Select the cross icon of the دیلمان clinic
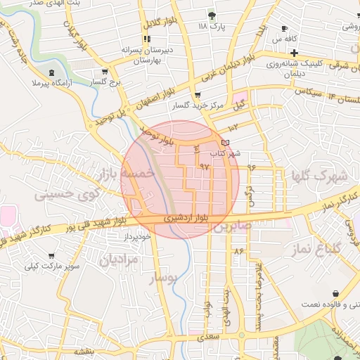295,53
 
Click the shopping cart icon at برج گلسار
105,72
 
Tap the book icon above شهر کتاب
225,143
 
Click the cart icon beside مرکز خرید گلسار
197,95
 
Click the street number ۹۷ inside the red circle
205,167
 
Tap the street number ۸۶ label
239,250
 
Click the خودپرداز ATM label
138,237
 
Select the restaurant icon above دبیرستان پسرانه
147,39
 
